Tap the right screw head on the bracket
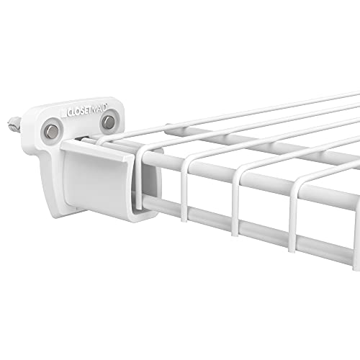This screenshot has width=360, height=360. click(108, 123)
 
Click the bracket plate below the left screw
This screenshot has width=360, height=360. click(50, 155)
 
